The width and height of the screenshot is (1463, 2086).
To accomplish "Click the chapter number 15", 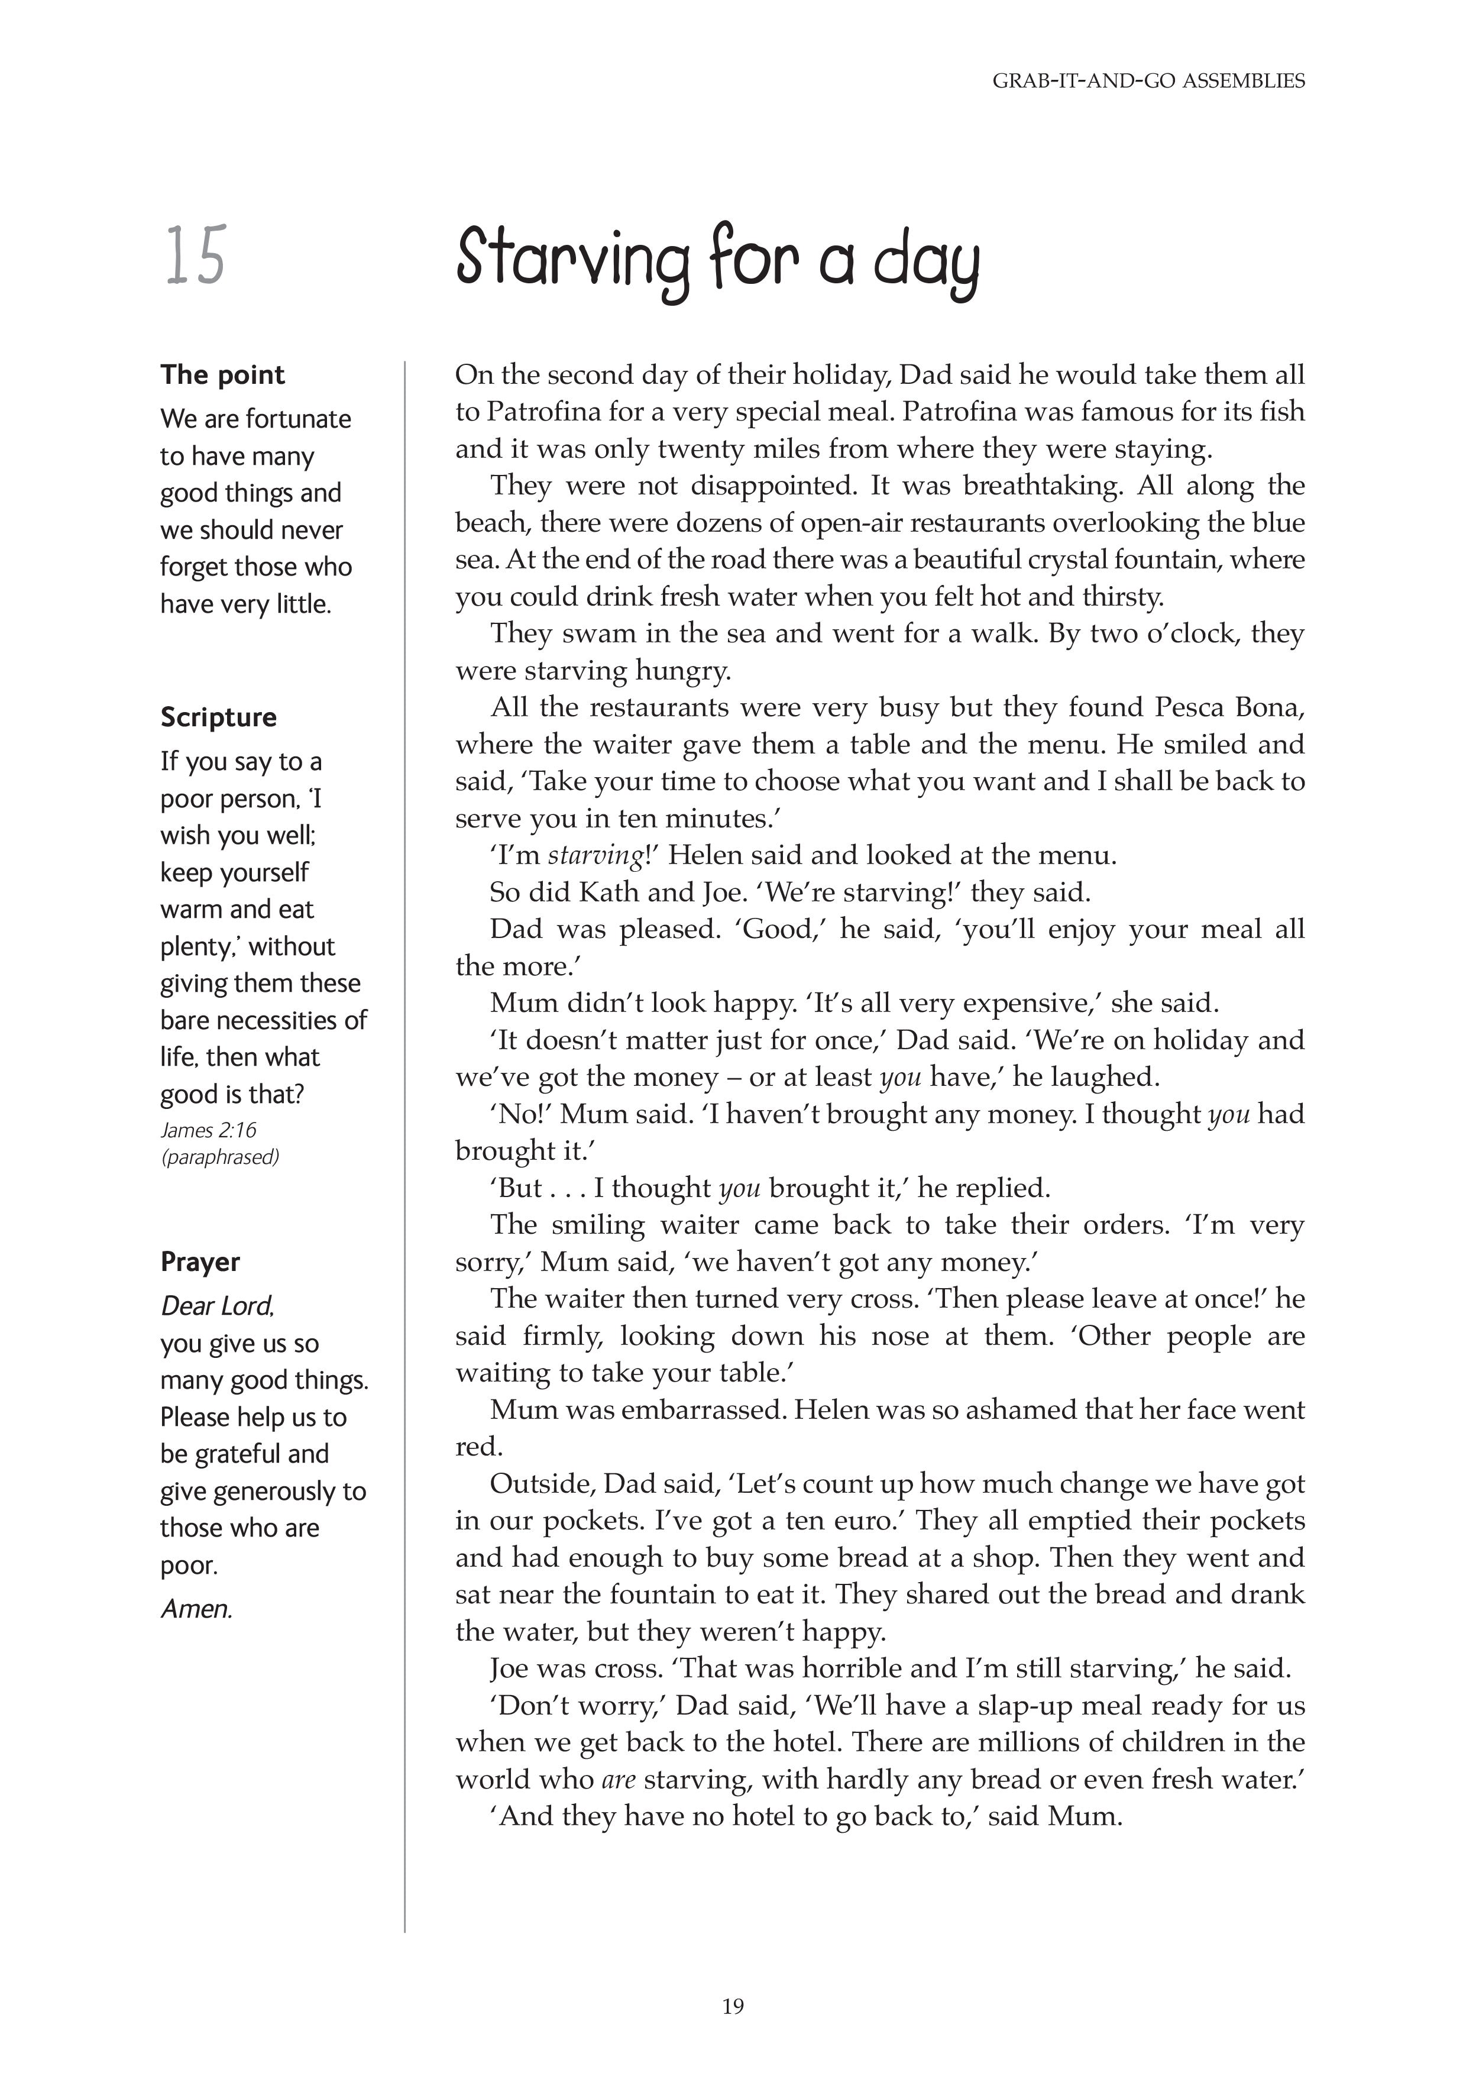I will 195,257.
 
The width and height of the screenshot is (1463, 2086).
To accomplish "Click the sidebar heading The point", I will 222,374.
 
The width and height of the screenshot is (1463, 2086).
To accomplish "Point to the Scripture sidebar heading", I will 219,717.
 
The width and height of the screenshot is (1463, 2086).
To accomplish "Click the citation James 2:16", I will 209,1130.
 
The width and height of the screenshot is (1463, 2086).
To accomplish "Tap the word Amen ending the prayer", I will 196,1609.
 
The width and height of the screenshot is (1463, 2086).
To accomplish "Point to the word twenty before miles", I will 704,449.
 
